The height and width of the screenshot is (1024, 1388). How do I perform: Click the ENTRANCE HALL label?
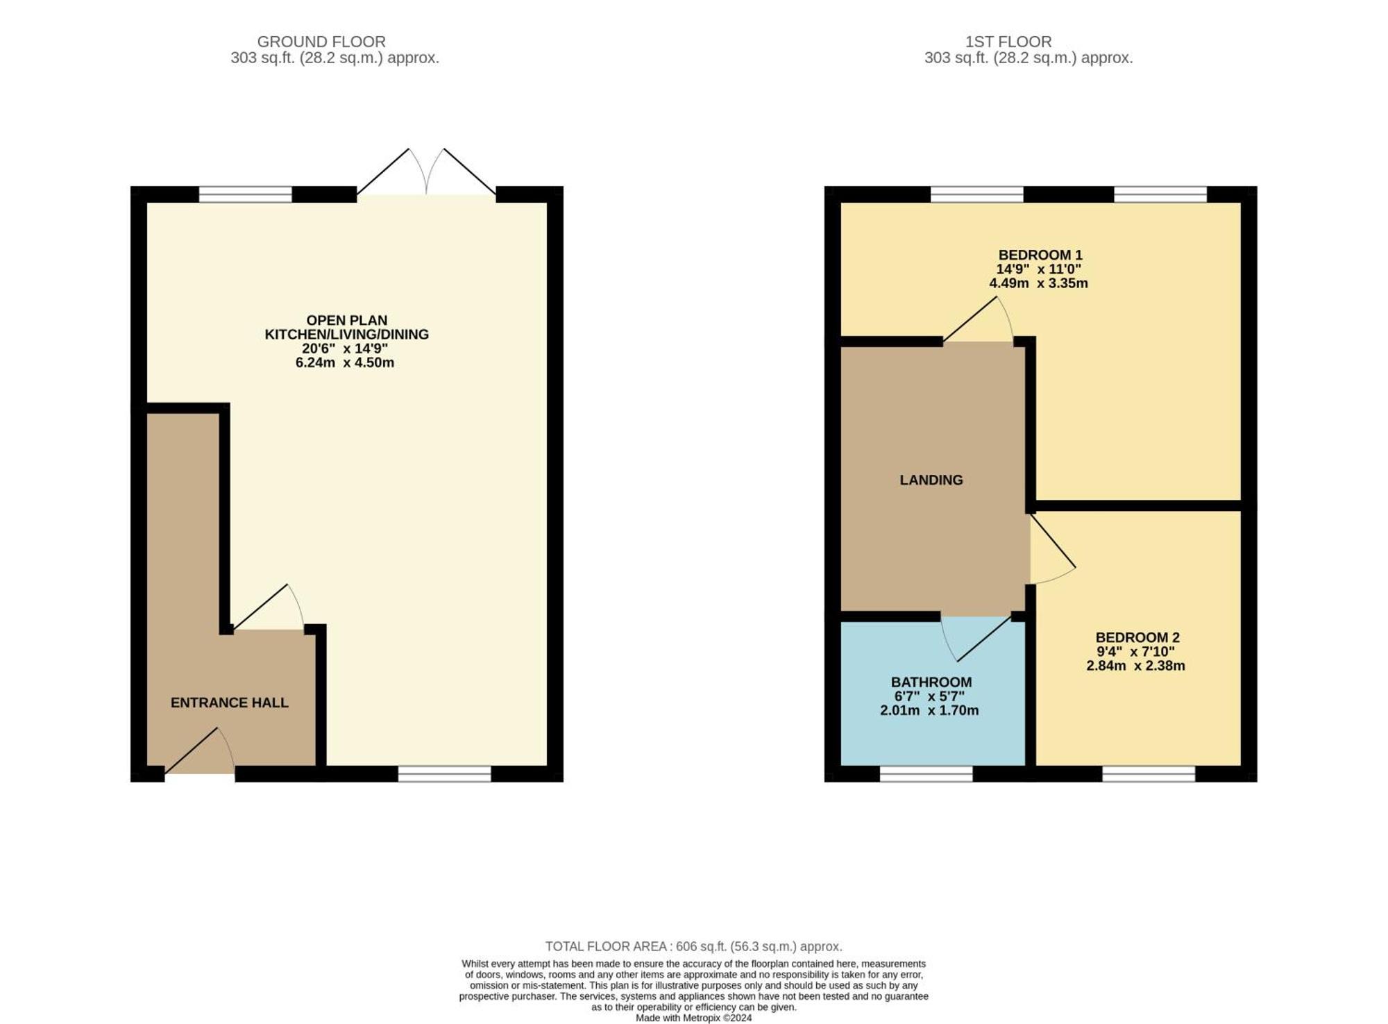229,703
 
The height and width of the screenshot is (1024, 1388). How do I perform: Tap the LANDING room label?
931,480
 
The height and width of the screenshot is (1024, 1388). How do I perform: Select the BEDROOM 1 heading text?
1040,255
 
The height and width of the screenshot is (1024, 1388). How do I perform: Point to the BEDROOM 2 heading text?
1137,637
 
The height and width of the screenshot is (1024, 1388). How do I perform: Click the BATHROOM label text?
931,682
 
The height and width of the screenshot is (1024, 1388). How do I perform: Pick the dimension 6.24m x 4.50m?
345,362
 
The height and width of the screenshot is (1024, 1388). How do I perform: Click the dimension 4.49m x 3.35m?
1038,283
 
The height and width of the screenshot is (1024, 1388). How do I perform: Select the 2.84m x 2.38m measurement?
1135,666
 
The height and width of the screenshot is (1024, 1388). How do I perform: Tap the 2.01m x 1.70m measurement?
929,710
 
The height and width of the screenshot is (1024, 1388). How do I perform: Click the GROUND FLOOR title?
321,42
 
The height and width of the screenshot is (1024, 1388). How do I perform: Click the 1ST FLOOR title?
1008,42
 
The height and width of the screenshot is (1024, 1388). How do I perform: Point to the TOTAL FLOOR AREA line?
693,946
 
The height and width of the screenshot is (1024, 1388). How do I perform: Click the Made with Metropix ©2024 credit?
693,1018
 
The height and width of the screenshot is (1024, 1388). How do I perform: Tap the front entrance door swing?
200,750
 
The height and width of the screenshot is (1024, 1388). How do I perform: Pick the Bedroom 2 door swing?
1053,549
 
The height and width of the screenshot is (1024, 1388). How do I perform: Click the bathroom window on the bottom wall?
926,774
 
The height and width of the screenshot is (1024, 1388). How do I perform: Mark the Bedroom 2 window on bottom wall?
1149,774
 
